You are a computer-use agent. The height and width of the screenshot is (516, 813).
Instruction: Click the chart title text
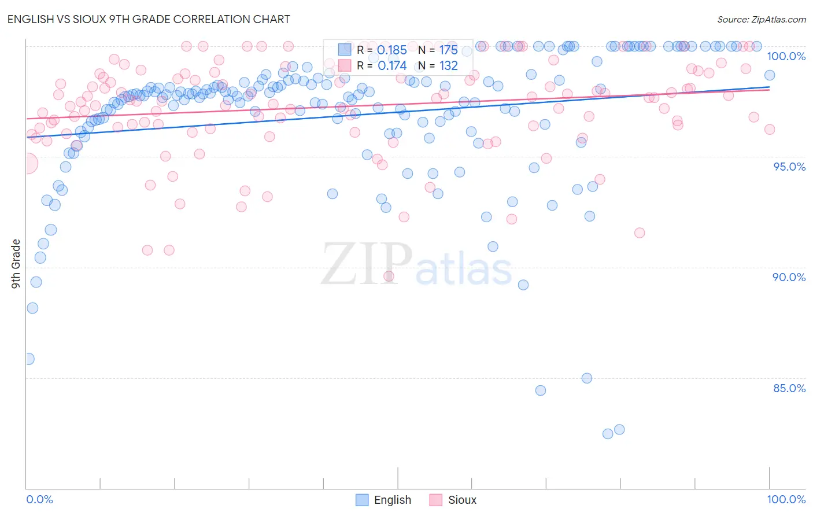pos(149,19)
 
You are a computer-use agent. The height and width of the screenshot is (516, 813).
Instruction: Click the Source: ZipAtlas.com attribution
pos(761,19)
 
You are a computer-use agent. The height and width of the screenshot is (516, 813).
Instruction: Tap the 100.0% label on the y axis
pos(786,56)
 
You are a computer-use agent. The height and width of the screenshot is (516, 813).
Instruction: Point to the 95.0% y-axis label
pos(789,167)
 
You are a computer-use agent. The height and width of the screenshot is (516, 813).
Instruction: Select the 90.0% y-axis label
pos(789,277)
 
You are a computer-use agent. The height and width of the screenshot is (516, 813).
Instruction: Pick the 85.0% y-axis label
pos(789,388)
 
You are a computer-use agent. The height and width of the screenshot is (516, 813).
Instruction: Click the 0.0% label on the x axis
pos(39,499)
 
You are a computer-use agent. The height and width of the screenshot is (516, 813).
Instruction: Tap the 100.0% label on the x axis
pos(786,499)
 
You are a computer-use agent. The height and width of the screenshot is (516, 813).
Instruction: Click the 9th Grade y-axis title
pos(16,263)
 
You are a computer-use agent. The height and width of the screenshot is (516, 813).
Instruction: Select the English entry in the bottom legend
pos(392,500)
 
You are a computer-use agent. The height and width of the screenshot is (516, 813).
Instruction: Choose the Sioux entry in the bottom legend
pos(462,500)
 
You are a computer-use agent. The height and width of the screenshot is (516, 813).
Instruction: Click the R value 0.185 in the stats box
pos(392,50)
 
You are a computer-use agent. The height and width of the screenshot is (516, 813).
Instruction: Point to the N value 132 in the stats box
pos(448,66)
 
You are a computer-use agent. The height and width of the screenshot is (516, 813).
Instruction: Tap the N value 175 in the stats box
pos(448,50)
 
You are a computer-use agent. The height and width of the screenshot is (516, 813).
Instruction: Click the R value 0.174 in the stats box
pos(392,66)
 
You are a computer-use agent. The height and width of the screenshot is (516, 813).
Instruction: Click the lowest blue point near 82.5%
pos(608,434)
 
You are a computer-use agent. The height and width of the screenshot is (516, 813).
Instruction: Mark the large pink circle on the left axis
pos(27,164)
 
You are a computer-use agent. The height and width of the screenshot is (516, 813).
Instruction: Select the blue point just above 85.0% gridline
pos(587,378)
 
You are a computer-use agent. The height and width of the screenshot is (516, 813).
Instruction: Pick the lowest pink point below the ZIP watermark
pos(389,276)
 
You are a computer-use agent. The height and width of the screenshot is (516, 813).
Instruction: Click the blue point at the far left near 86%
pos(28,359)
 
